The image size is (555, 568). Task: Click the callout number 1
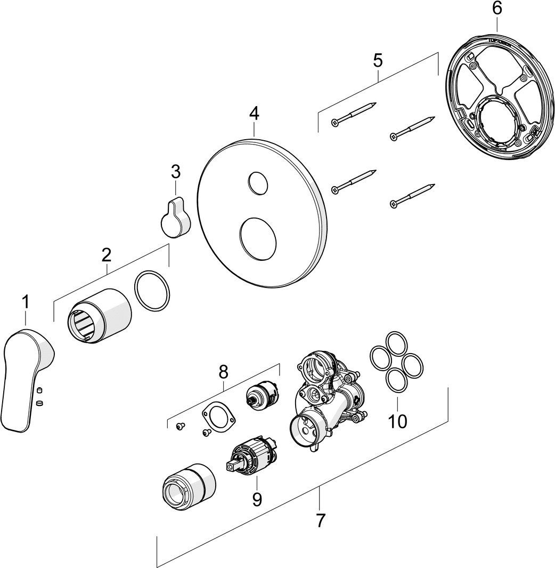(25, 302)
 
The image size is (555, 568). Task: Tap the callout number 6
(496, 8)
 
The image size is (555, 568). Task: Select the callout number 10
(397, 421)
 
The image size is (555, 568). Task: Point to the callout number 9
(257, 499)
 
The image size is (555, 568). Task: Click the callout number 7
(320, 520)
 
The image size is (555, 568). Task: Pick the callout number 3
(175, 172)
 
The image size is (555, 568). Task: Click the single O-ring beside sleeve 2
(152, 291)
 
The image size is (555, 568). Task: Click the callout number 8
(223, 371)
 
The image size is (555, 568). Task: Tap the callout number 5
(377, 60)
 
